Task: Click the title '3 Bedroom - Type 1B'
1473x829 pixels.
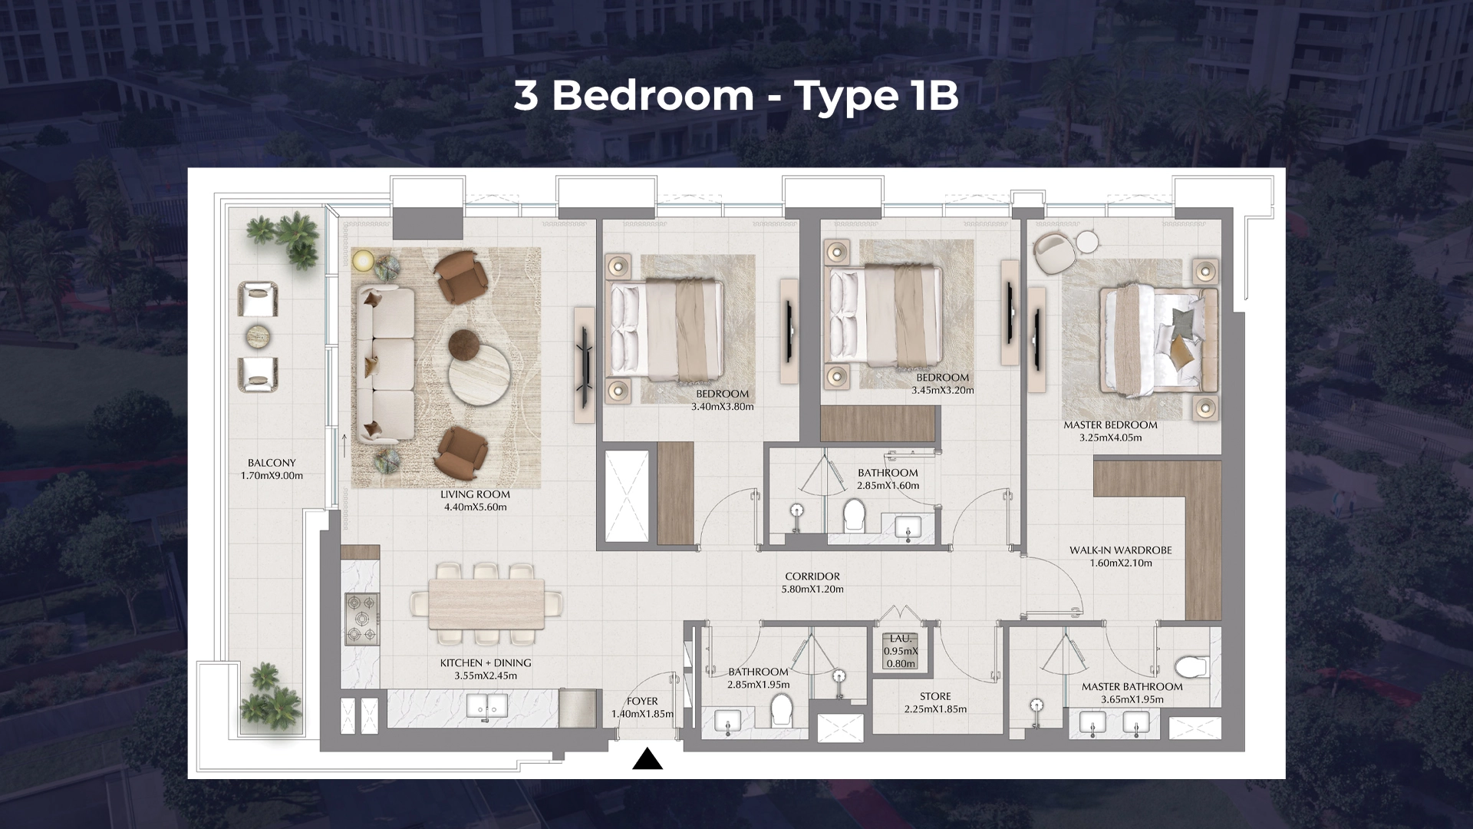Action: [736, 97]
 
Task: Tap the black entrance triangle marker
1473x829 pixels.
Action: [648, 759]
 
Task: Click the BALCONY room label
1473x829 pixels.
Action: [272, 463]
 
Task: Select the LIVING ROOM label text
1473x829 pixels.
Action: [476, 494]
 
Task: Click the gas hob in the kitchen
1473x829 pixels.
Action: [361, 618]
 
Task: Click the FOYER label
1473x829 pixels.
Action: [642, 701]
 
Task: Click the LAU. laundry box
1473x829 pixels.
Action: [900, 651]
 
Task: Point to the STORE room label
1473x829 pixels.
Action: [934, 696]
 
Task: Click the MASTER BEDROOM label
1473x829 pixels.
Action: [1110, 424]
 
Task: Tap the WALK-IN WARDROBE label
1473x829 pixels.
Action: [1121, 550]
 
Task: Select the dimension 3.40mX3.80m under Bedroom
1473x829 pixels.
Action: [722, 407]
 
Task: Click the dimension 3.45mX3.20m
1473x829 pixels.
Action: [942, 390]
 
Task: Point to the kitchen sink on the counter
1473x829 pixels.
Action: [486, 705]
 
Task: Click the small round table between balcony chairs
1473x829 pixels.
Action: [259, 335]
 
